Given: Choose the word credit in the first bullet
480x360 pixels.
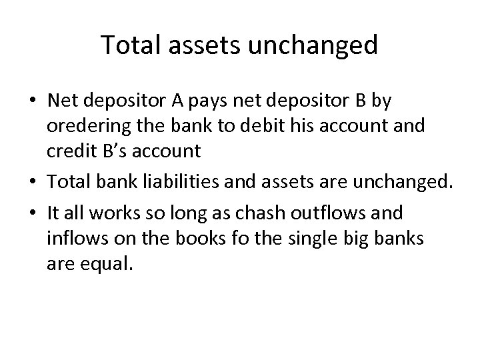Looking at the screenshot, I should [x=69, y=151].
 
